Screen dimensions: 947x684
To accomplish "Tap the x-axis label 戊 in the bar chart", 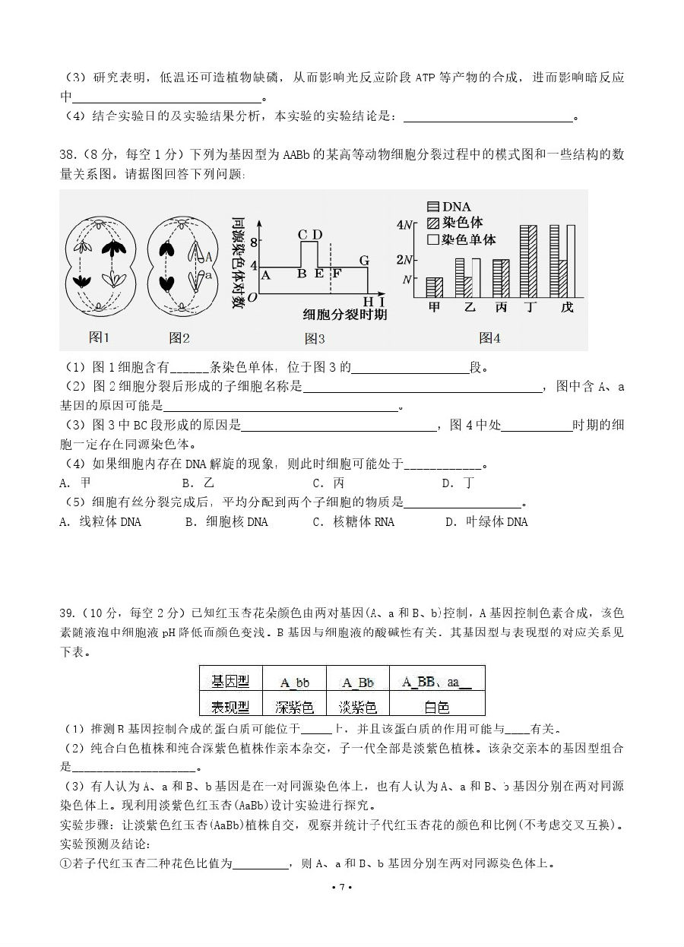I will click(567, 307).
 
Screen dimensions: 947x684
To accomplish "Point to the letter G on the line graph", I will click(364, 261).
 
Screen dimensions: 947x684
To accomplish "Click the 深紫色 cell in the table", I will click(294, 707).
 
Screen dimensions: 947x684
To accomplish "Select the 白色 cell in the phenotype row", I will click(436, 707).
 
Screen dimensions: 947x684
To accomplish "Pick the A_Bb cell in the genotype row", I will click(357, 683).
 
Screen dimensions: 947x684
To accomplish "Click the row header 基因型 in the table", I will click(230, 683).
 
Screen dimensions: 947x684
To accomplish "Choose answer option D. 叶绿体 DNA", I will click(486, 522).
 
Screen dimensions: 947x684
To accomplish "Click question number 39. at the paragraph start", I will click(70, 613).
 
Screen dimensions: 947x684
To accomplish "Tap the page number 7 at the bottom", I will click(342, 887).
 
